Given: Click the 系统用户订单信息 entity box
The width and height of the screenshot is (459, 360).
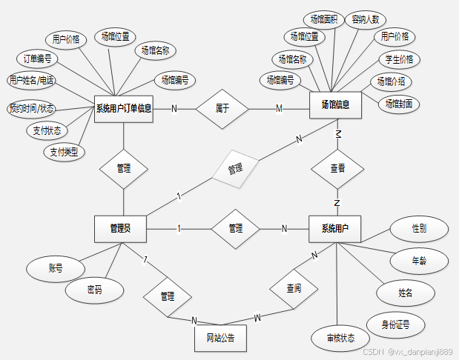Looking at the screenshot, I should click(x=124, y=109).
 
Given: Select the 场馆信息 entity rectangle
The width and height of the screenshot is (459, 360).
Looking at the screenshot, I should click(x=335, y=104).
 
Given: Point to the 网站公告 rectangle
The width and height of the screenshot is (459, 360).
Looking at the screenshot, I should click(x=220, y=338).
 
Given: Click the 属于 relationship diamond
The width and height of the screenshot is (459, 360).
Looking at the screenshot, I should click(x=222, y=108).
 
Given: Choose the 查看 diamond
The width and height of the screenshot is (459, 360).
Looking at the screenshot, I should click(x=337, y=168).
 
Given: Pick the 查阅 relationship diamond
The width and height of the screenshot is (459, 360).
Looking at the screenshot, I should click(x=293, y=287).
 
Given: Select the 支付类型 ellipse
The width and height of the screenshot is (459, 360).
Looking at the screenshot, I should click(x=65, y=152).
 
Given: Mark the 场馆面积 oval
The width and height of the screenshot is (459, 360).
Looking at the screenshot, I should click(x=323, y=20).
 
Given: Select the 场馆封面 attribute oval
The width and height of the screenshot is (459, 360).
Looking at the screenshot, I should click(x=398, y=104).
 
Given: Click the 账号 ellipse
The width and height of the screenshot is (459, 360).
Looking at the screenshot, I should click(x=55, y=268).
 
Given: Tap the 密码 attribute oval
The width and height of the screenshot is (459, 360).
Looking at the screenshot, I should click(x=93, y=290).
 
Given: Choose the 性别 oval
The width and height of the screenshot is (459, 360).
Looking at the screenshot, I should click(x=419, y=230).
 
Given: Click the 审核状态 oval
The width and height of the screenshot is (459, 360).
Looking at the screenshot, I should click(x=340, y=338).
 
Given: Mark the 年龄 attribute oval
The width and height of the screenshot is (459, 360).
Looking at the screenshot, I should click(x=419, y=260).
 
